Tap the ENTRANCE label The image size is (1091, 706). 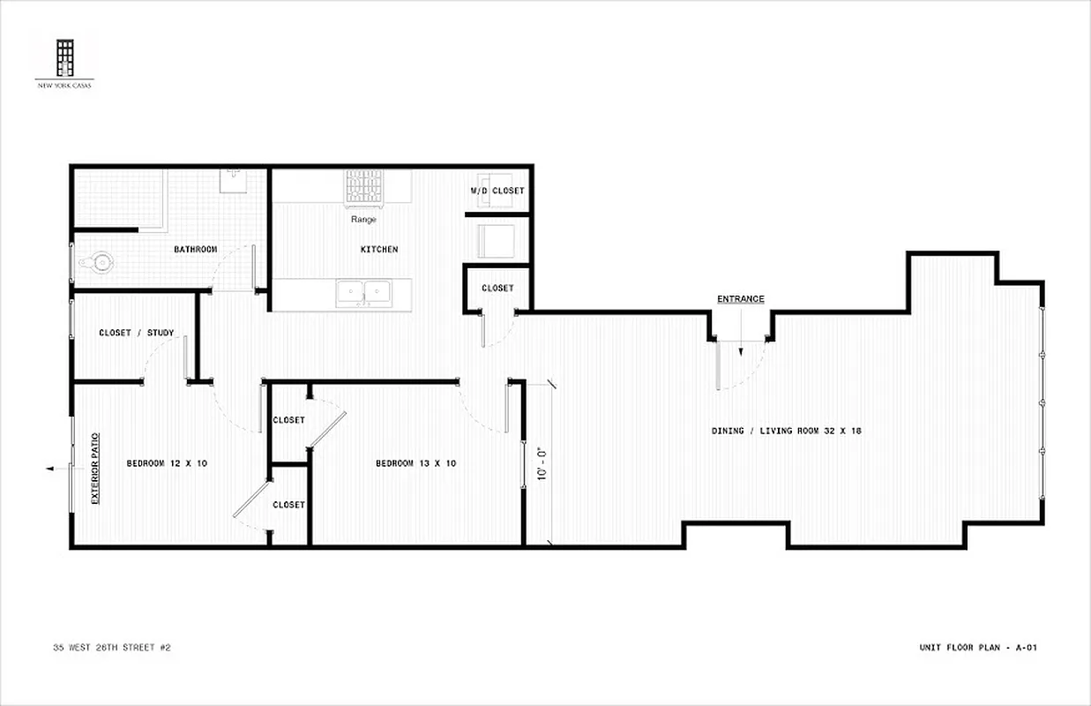(x=740, y=299)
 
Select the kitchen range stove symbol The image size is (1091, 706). (x=364, y=186)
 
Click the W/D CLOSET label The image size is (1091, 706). (x=497, y=191)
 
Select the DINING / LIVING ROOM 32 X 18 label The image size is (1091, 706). (x=786, y=431)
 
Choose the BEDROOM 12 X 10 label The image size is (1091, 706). (x=167, y=463)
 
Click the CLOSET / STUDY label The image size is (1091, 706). (x=136, y=333)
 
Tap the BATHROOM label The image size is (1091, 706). (x=195, y=250)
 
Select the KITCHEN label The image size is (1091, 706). (x=378, y=250)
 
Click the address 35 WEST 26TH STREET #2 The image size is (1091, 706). (x=111, y=648)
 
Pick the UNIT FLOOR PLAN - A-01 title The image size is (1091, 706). (x=978, y=648)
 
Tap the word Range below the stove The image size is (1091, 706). (x=363, y=220)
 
